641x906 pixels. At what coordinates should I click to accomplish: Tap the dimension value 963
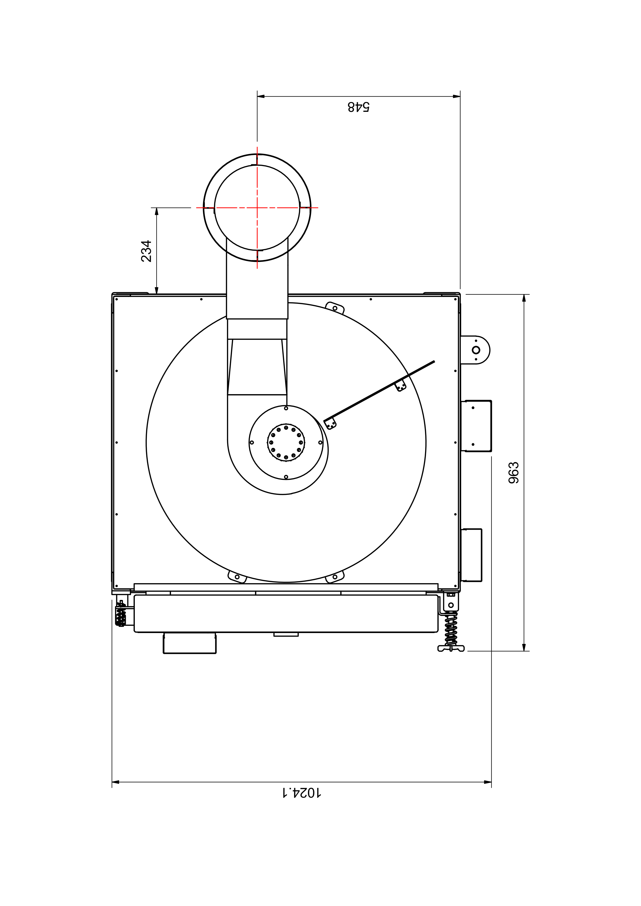(x=514, y=472)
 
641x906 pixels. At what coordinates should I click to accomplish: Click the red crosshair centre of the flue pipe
(x=257, y=208)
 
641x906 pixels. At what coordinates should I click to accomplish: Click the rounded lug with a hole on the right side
(x=476, y=350)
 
